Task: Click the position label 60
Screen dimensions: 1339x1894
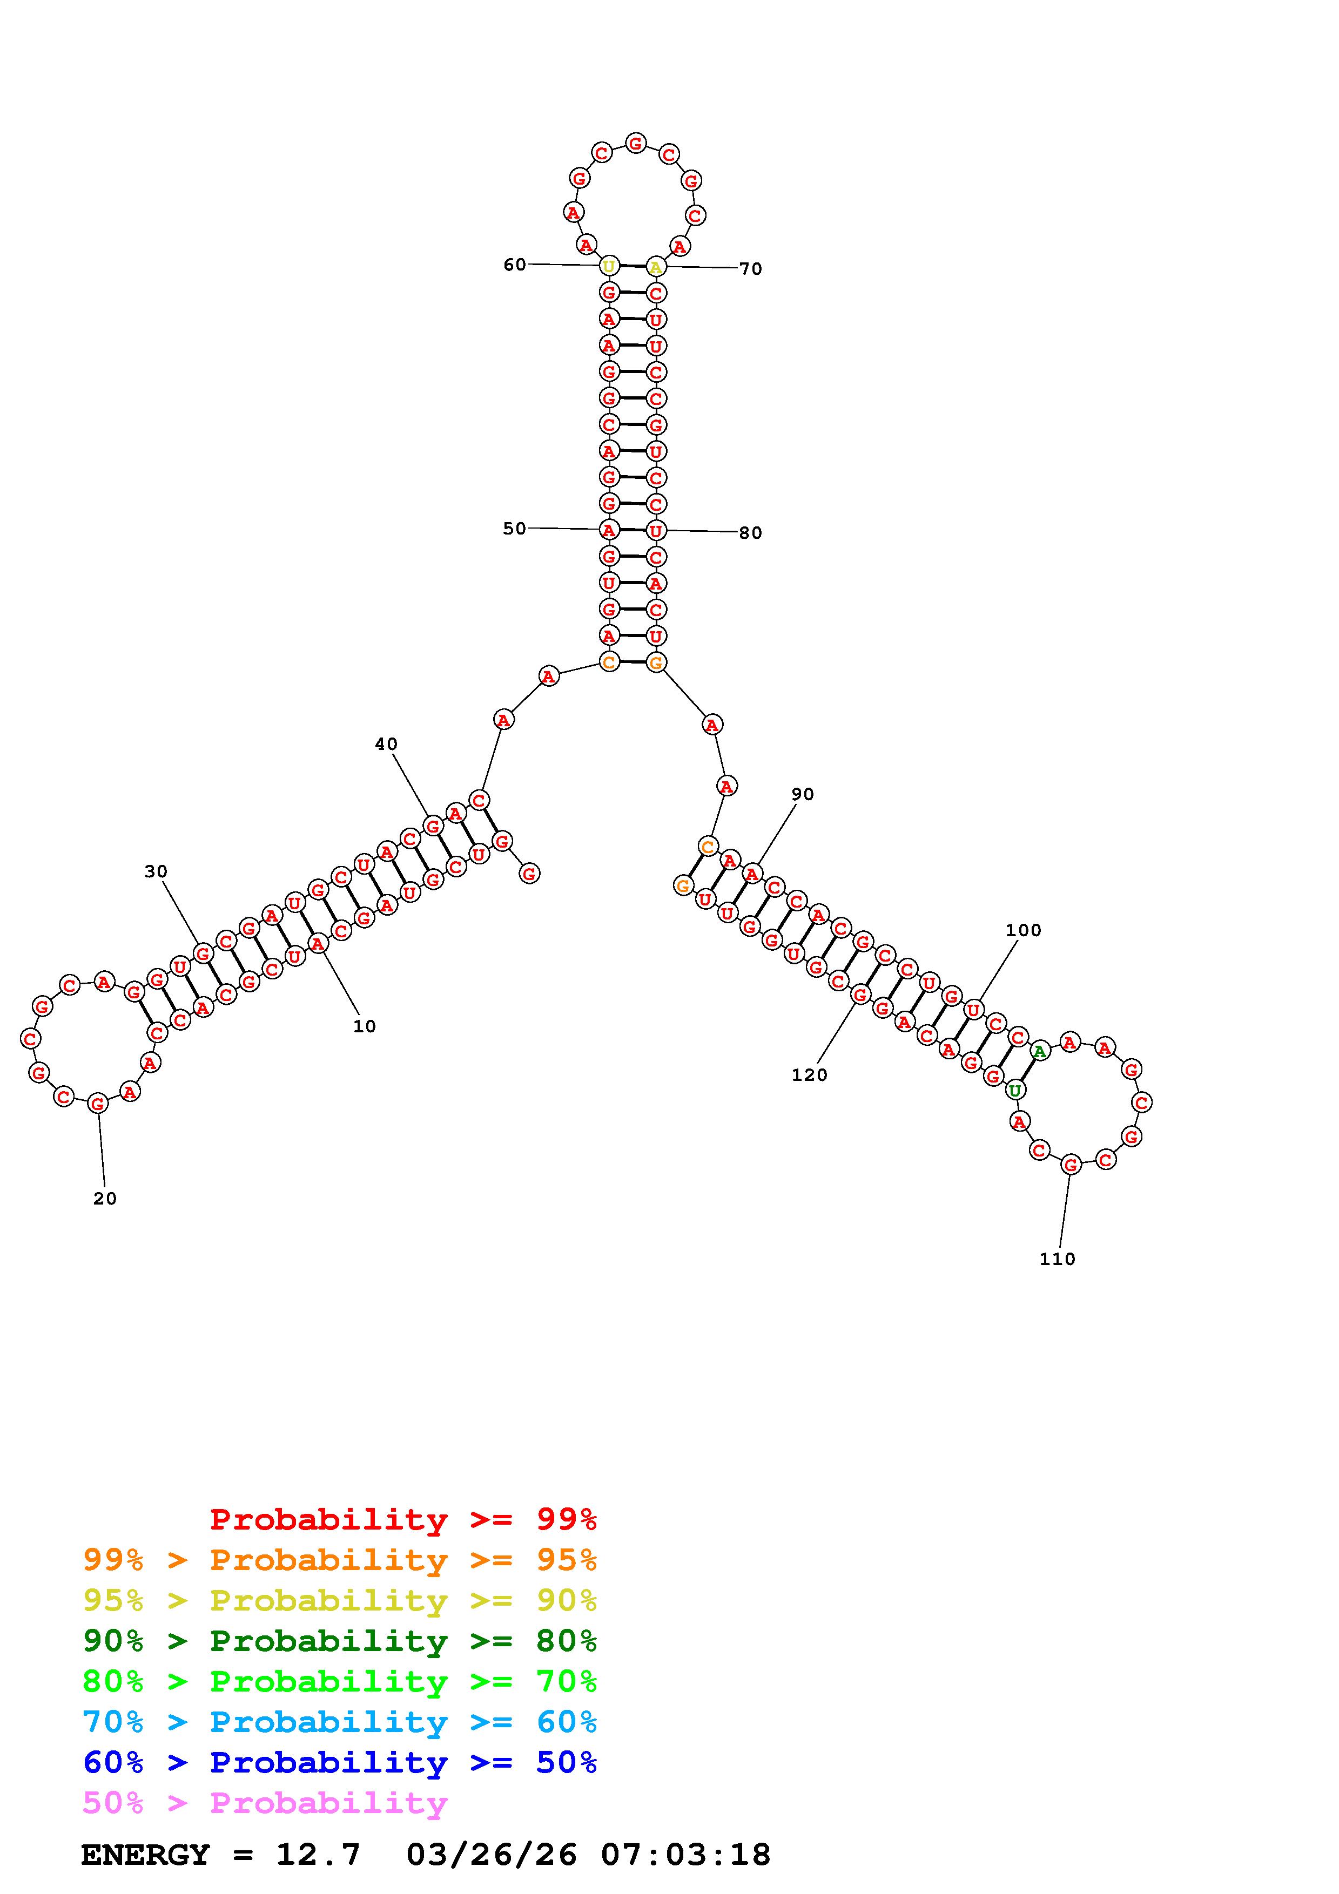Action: (515, 264)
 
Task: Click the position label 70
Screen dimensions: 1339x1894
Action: (751, 269)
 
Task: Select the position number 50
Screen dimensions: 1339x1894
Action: (515, 528)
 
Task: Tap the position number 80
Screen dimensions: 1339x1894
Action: (751, 533)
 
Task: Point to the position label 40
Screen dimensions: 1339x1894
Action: (386, 744)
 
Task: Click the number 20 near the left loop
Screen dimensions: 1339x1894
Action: (105, 1199)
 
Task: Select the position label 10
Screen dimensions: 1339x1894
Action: (365, 1026)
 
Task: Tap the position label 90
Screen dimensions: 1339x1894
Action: (803, 794)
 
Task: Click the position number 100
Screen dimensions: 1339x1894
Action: (1024, 930)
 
